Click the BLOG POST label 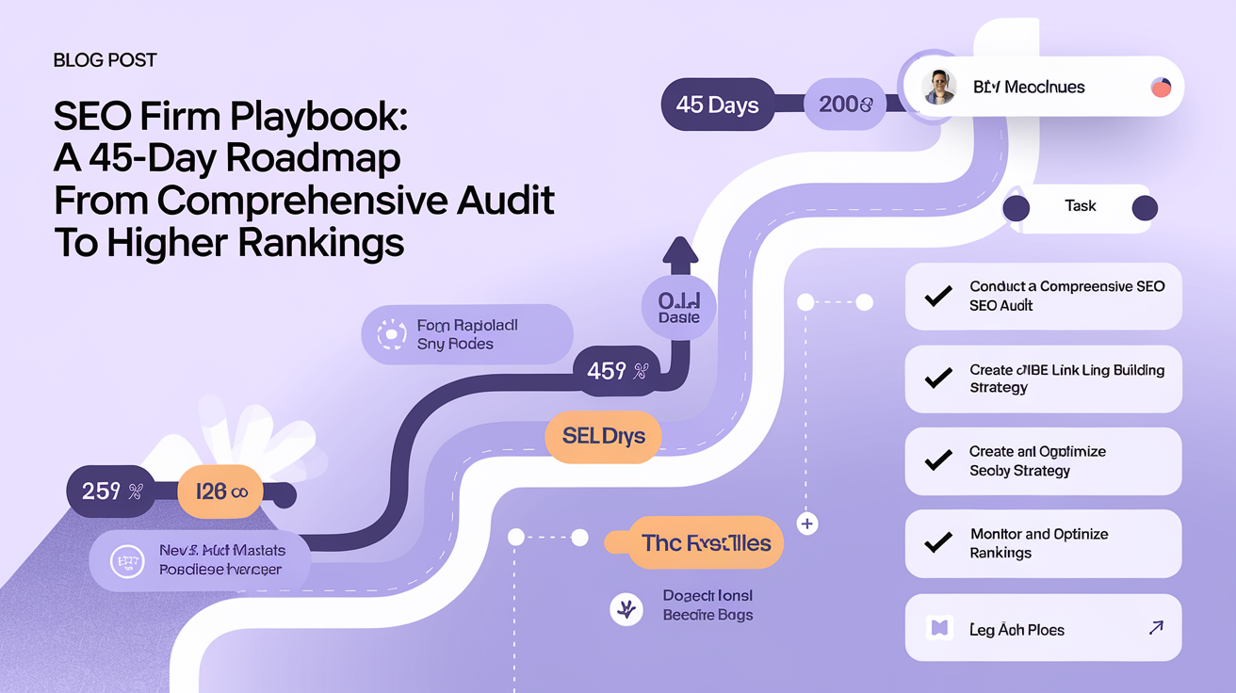click(x=106, y=60)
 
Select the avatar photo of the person click(x=939, y=88)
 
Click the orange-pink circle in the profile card click(x=1161, y=88)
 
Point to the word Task click(x=1080, y=206)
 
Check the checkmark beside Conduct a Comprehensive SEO click(x=937, y=297)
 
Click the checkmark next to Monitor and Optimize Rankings click(x=937, y=543)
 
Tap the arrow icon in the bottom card click(x=1156, y=627)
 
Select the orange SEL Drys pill click(x=603, y=437)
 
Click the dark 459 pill click(x=617, y=372)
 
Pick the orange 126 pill click(x=220, y=491)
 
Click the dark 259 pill click(x=110, y=491)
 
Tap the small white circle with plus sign click(x=806, y=523)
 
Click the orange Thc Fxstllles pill click(x=706, y=543)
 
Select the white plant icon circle click(x=625, y=609)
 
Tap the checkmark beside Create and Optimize click(x=937, y=460)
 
